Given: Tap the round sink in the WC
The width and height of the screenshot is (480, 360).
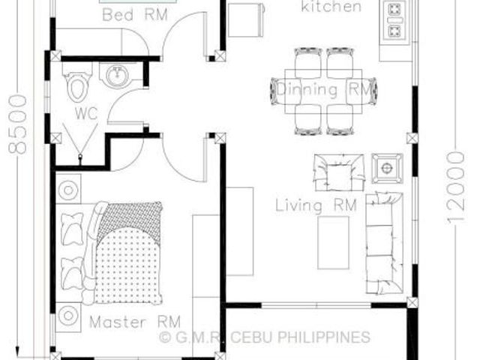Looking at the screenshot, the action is tap(117, 75).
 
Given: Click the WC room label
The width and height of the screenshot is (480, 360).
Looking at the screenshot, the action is tap(86, 113).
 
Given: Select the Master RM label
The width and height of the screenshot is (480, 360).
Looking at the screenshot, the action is tap(135, 322).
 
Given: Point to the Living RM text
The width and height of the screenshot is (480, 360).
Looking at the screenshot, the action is tap(316, 205).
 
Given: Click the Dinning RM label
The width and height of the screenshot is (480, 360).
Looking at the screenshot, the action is tap(325, 90).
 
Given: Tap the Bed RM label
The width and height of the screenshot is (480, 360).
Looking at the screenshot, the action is tap(135, 15).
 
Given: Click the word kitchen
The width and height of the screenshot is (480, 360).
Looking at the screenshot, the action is tap(331, 6).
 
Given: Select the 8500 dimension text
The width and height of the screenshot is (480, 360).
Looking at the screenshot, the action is tap(18, 124).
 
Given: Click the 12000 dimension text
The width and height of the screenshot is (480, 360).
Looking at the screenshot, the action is tap(456, 187).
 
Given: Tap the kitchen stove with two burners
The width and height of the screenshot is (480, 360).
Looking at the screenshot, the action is tap(394, 21).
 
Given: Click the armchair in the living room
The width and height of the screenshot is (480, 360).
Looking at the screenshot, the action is tap(340, 172).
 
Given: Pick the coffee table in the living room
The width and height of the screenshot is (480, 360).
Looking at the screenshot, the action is tap(333, 242).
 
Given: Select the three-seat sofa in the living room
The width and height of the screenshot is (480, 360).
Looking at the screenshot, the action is tap(385, 243).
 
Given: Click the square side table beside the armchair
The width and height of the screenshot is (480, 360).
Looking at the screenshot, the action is tap(387, 168).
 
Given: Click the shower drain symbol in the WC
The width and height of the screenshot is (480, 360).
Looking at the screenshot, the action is tap(80, 157).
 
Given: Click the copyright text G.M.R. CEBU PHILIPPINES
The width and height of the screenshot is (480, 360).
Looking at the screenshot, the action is tap(265, 337).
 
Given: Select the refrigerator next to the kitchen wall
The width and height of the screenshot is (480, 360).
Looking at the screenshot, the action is tap(246, 20).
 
